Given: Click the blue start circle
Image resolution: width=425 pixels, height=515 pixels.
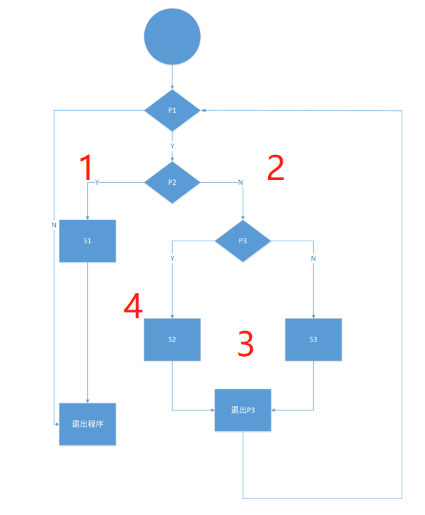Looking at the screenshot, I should click(172, 37).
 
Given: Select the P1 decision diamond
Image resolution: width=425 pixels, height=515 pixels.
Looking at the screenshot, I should click(172, 109).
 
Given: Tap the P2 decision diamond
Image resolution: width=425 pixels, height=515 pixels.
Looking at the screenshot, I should click(172, 181).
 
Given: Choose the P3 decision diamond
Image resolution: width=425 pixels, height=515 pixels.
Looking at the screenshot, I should click(243, 240).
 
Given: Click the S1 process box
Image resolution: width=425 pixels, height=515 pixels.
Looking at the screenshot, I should click(87, 240).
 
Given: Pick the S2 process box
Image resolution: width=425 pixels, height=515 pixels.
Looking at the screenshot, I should click(172, 339).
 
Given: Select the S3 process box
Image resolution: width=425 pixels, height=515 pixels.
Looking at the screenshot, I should click(313, 339).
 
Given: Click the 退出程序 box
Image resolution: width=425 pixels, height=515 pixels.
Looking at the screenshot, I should click(87, 424).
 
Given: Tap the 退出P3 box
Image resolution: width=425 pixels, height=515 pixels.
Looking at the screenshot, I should click(243, 409).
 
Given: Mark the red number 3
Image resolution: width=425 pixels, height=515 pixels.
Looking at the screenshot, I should click(245, 344).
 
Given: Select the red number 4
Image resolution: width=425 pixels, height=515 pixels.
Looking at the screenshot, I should click(133, 306).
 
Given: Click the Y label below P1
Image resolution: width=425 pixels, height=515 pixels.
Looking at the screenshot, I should click(172, 145).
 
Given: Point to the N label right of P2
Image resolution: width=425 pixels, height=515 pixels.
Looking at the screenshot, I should click(240, 182).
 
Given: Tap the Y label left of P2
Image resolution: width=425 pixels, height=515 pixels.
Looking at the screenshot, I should click(98, 182).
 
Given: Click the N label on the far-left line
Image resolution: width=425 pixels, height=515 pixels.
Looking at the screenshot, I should click(54, 225).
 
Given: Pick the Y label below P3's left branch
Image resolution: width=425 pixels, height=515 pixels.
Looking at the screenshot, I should click(172, 258).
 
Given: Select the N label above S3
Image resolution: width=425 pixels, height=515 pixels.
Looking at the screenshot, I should click(313, 258).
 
